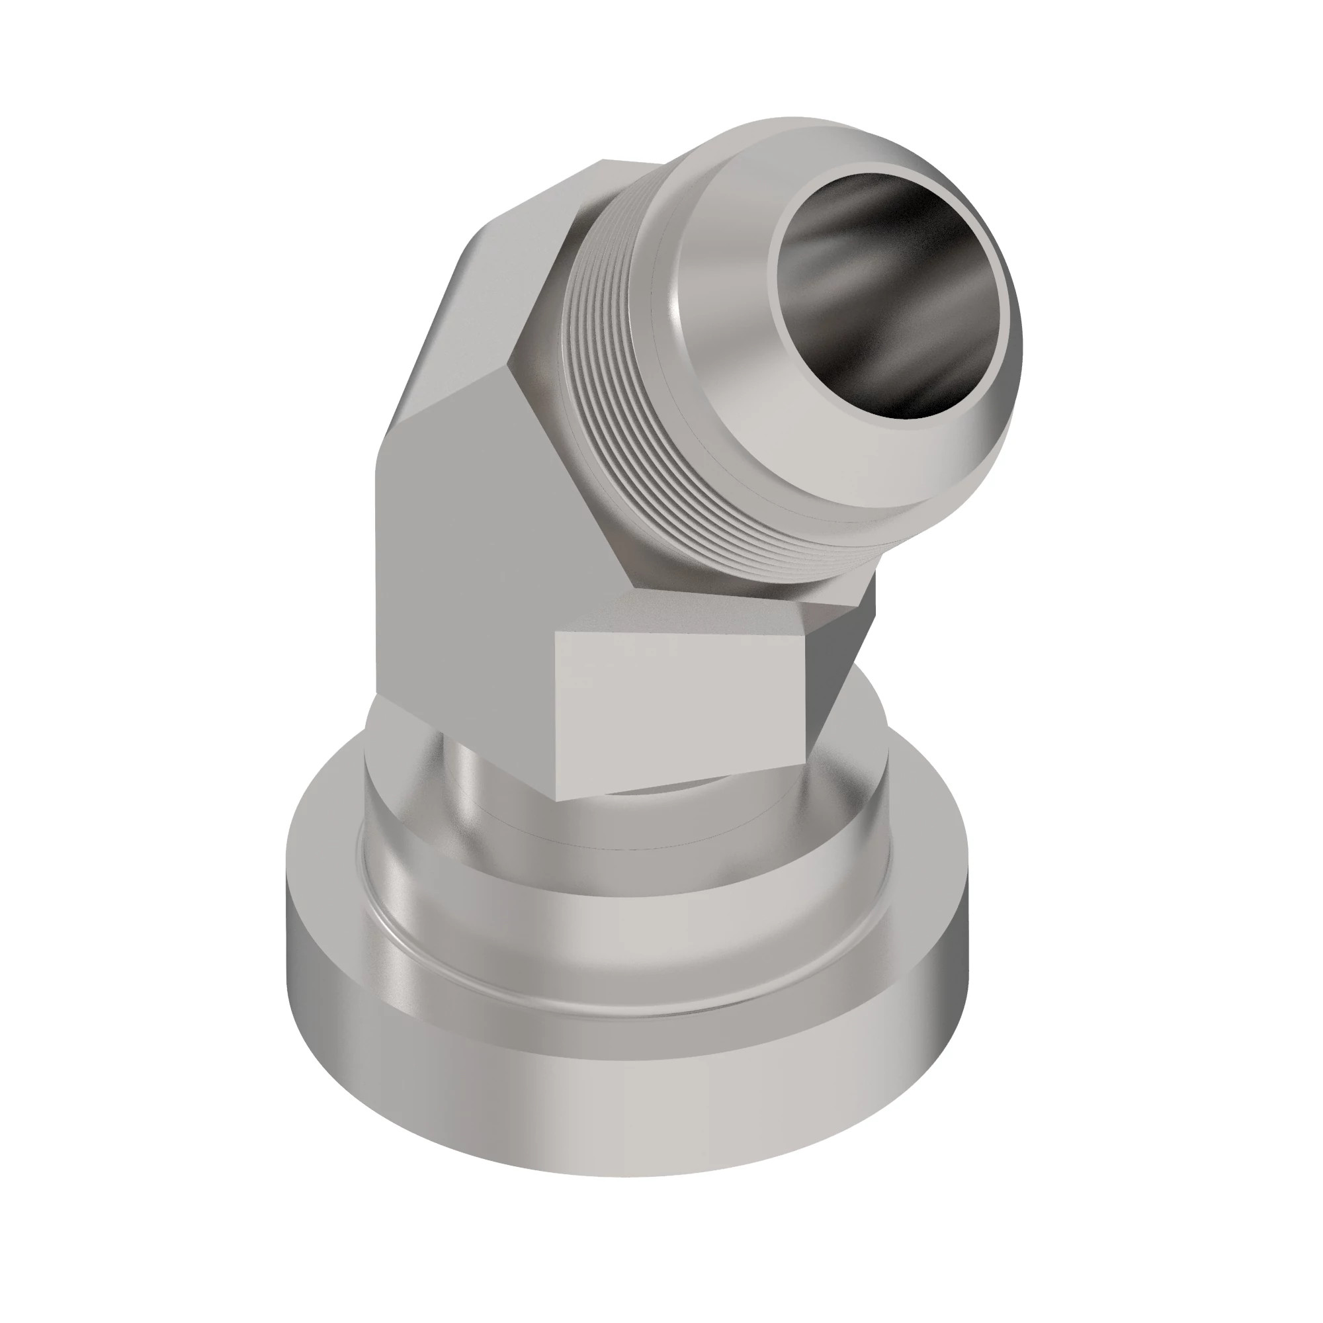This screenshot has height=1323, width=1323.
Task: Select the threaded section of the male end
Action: coord(603,384)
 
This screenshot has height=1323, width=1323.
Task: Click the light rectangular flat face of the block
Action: coord(678,712)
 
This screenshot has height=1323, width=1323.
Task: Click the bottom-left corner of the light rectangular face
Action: coord(558,798)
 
